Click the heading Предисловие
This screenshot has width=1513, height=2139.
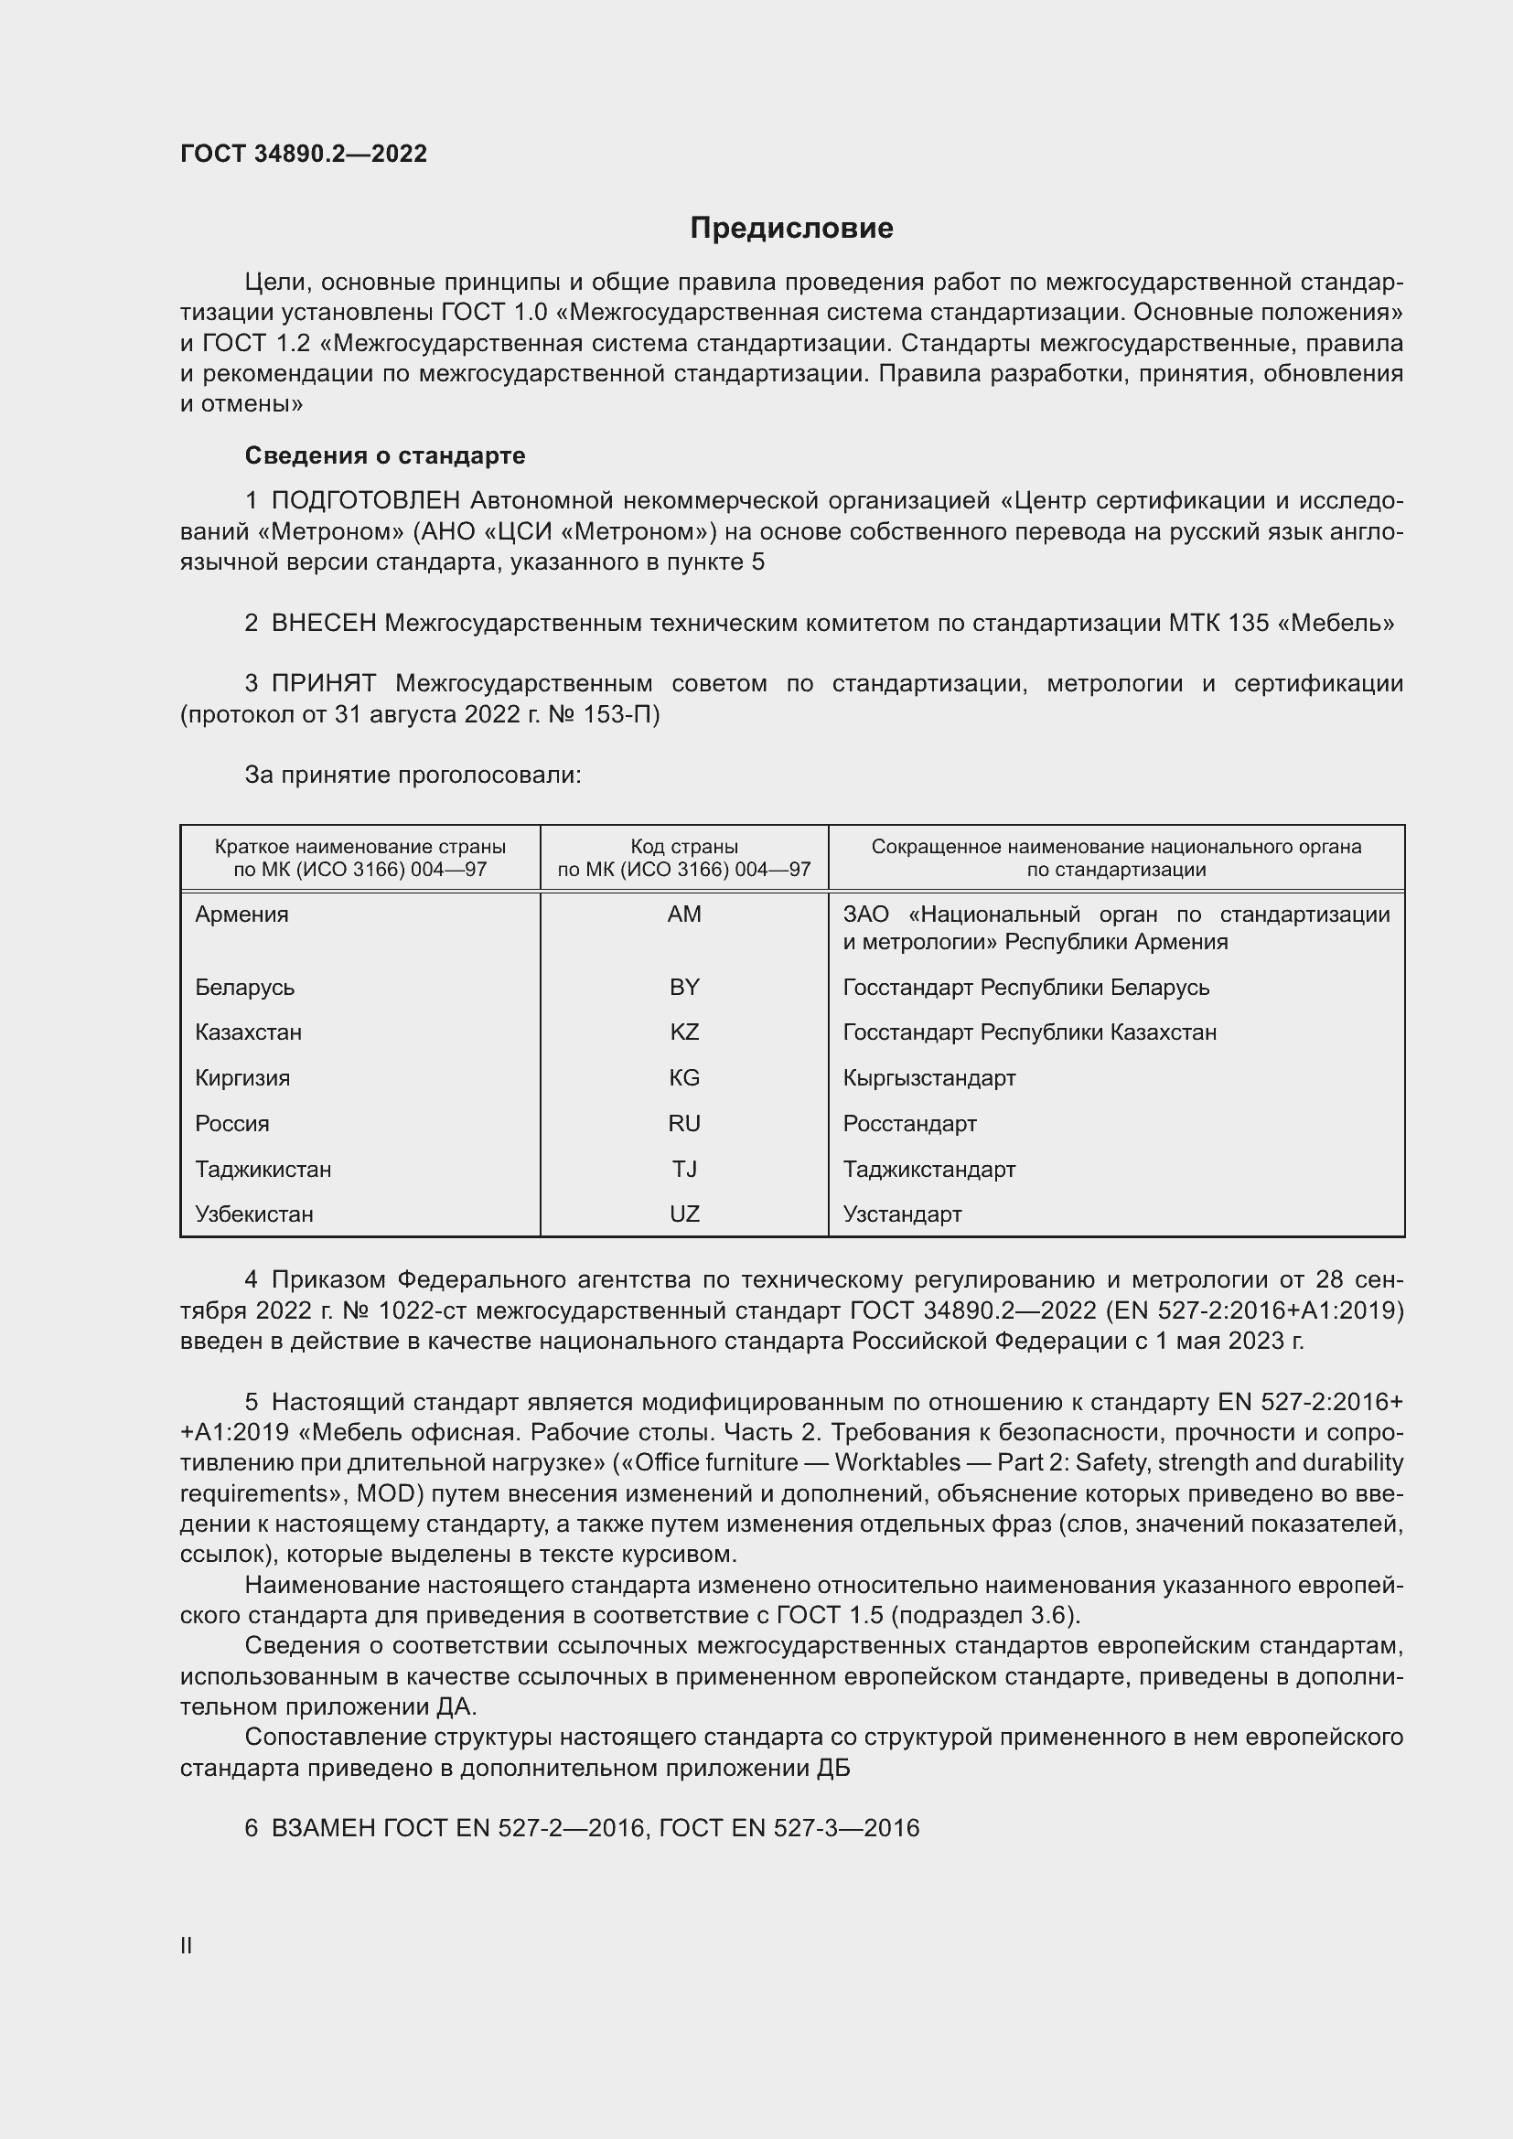791,228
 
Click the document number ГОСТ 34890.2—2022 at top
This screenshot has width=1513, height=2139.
304,154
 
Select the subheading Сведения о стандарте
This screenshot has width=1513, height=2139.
385,455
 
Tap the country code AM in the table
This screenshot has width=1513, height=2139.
684,914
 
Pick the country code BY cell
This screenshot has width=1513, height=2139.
684,987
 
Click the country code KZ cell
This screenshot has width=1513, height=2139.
684,1032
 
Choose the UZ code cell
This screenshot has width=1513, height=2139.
684,1214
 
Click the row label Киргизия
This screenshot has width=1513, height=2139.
242,1078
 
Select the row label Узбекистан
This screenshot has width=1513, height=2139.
253,1214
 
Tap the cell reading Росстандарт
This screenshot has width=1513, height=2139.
909,1124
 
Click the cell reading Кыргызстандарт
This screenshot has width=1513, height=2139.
928,1078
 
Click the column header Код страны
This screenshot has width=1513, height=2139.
684,847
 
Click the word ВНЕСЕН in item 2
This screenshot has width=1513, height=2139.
323,623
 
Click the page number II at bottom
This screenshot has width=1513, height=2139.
187,1945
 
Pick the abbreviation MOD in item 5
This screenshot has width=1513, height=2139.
383,1493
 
